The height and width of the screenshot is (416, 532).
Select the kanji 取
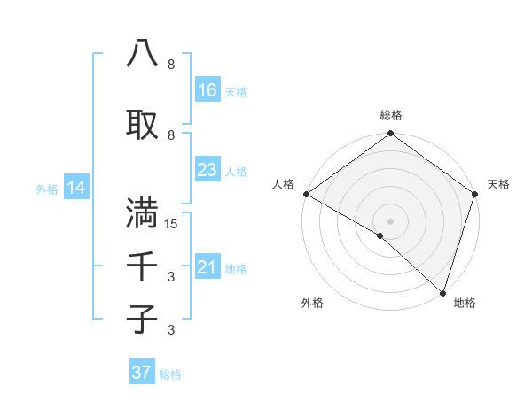pos(142,123)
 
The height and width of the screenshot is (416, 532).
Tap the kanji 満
pos(142,213)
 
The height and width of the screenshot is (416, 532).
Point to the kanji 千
pos(142,265)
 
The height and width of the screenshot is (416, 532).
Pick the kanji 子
pos(142,318)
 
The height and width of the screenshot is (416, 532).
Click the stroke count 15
pos(171,224)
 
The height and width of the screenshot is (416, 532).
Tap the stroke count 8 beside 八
pos(171,65)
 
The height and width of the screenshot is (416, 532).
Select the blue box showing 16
pos(207,90)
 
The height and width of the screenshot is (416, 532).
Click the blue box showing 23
pos(207,170)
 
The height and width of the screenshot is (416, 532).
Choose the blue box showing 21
pos(207,267)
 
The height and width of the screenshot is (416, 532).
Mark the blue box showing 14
pos(75,188)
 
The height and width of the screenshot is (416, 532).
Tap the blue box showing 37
pos(141,373)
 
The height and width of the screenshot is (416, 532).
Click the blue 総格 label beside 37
pos(170,374)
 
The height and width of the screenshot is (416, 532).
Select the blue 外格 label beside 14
pos(46,189)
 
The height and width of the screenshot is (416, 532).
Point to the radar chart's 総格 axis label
pos(391,115)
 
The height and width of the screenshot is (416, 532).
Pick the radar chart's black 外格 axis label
pos(311,303)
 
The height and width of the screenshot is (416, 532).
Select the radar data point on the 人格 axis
pos(306,194)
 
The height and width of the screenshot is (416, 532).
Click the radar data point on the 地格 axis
pos(442,292)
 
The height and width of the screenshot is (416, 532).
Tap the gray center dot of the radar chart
pos(391,220)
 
